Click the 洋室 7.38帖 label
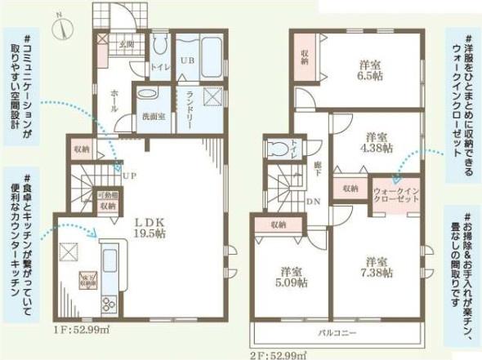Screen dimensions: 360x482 pos(377,269)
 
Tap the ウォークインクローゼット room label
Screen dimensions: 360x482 pos(397,193)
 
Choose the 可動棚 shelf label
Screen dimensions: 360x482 pos(108,197)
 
